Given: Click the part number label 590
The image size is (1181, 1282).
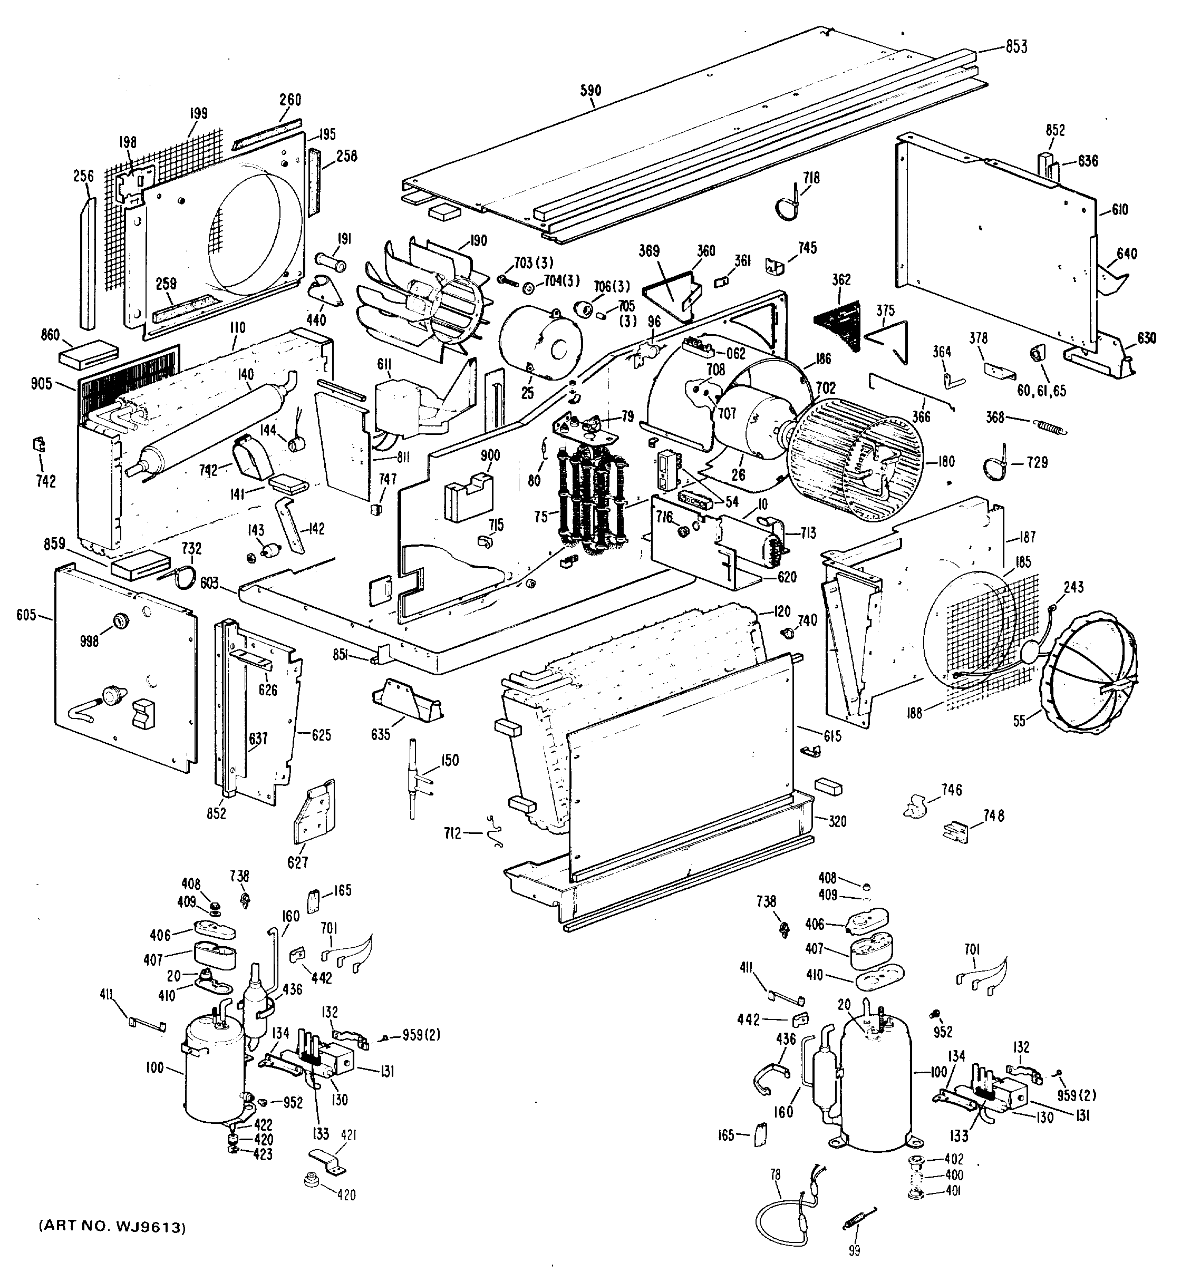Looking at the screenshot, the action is pyautogui.click(x=590, y=91).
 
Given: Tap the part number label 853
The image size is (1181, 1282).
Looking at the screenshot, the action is pyautogui.click(x=1016, y=47).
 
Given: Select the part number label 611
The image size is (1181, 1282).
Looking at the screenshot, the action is pyautogui.click(x=384, y=364).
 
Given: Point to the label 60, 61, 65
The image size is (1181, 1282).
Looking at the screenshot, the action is pyautogui.click(x=1042, y=391).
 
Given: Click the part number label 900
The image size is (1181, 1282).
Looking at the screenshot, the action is pyautogui.click(x=490, y=455).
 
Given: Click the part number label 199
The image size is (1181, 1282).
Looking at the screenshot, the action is pyautogui.click(x=199, y=114).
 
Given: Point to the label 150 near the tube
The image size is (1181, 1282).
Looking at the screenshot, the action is pyautogui.click(x=450, y=761).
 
